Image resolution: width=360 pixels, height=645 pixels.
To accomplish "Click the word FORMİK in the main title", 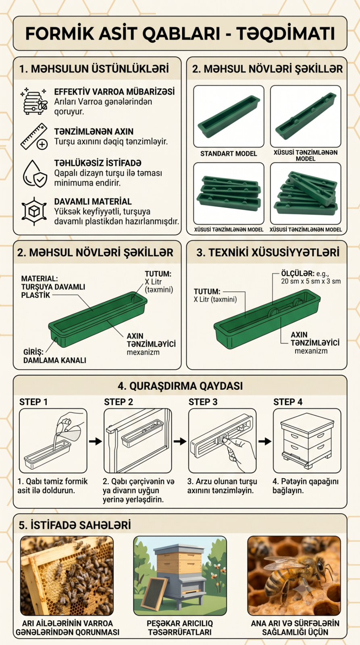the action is coord(60,34).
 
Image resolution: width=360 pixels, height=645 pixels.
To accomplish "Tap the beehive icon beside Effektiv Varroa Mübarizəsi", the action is coord(34,101).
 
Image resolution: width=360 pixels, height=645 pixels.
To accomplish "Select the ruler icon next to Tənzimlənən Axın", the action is coord(34,137).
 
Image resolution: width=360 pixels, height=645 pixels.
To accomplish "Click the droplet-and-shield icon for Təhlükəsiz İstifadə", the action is coord(35,174).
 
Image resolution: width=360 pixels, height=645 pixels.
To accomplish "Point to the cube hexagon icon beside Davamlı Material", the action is coord(34,211).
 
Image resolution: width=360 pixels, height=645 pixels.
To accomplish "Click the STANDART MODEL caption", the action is coord(229,154).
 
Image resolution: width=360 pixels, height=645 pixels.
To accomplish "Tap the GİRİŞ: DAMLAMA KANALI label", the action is coord(55,356).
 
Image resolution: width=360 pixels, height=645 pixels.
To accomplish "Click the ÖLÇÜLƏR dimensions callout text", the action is coord(311,277).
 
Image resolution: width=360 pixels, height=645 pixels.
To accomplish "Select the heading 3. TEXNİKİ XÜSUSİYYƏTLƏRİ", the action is coord(268,252).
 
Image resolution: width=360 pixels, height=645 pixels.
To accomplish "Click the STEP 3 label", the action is coord(203,402).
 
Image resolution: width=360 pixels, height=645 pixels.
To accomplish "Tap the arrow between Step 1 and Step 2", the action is coord(95,441).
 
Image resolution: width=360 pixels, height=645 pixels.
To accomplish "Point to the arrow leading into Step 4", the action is coord(265,441).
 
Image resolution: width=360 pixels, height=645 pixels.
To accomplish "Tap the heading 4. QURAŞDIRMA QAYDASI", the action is coord(180,386).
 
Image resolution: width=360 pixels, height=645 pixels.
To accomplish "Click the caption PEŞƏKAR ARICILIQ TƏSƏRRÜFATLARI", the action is coord(180,628).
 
